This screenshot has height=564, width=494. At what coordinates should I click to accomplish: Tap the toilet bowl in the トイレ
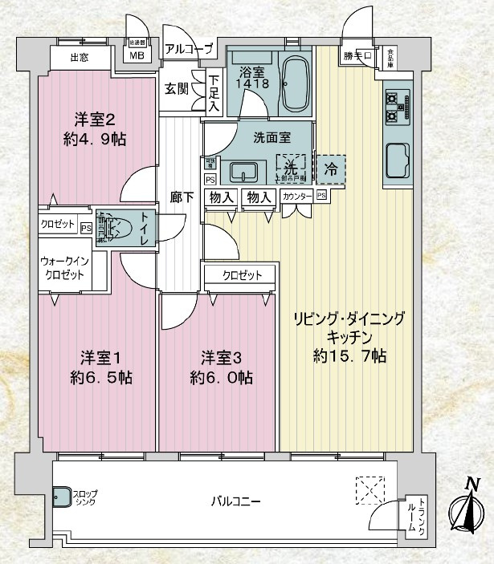(x=121, y=228)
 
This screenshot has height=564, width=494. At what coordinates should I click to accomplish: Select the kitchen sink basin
(x=398, y=160)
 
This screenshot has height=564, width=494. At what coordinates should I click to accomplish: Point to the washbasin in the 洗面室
(x=243, y=172)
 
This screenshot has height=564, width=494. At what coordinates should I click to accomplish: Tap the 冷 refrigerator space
(x=330, y=168)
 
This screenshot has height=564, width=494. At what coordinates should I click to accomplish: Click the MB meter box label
(x=137, y=55)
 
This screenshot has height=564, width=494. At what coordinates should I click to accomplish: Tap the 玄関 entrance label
(x=177, y=88)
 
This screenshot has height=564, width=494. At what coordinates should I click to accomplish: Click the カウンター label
(x=296, y=196)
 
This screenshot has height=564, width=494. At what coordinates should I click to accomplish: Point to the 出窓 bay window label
(x=80, y=56)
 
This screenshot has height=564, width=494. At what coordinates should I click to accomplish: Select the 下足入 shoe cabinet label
(x=213, y=91)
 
